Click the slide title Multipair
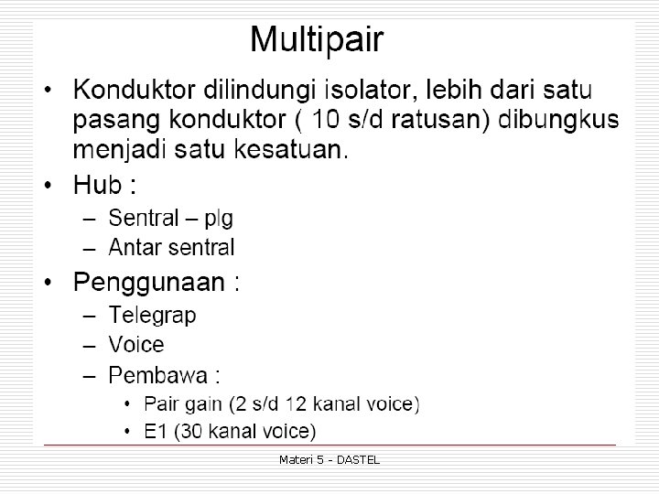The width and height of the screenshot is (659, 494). coord(317,40)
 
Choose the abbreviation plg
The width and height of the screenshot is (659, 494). coord(219,218)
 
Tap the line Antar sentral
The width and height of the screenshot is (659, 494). coord(171,247)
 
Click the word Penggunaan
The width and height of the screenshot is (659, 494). coord(148,282)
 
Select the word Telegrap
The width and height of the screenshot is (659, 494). coord(152,316)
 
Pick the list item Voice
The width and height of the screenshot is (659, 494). coord(136,345)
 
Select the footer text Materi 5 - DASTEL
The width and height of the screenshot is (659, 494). coord(329,459)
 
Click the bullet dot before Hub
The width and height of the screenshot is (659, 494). coord(51,186)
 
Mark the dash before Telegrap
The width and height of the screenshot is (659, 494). coord(88,316)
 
